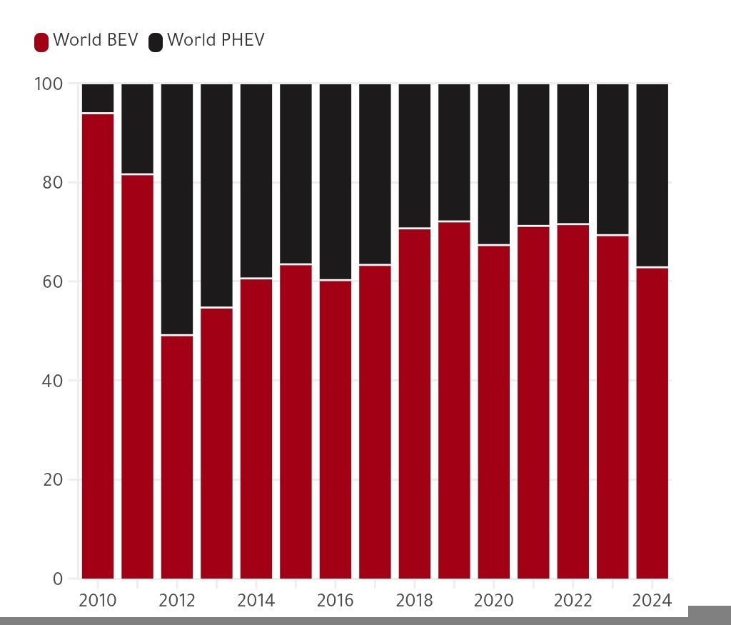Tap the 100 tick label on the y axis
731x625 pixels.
coord(49,84)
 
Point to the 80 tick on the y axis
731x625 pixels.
coord(52,183)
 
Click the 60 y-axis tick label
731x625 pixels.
coord(52,281)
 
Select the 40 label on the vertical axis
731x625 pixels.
coord(52,381)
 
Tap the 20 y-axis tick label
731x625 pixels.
coord(52,479)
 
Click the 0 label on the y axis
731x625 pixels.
coord(58,579)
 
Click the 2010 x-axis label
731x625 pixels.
coord(98,601)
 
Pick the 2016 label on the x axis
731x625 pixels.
coord(335,601)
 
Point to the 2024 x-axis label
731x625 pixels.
coord(652,601)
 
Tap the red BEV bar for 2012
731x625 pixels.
coord(177,456)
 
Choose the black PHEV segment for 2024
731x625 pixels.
coord(652,175)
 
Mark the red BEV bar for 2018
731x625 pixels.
coord(414,404)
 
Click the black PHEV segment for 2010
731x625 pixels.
coord(98,98)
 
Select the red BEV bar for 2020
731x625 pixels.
coord(493,411)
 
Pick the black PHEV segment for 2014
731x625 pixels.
coord(256,181)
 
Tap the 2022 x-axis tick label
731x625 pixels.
coord(573,601)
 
